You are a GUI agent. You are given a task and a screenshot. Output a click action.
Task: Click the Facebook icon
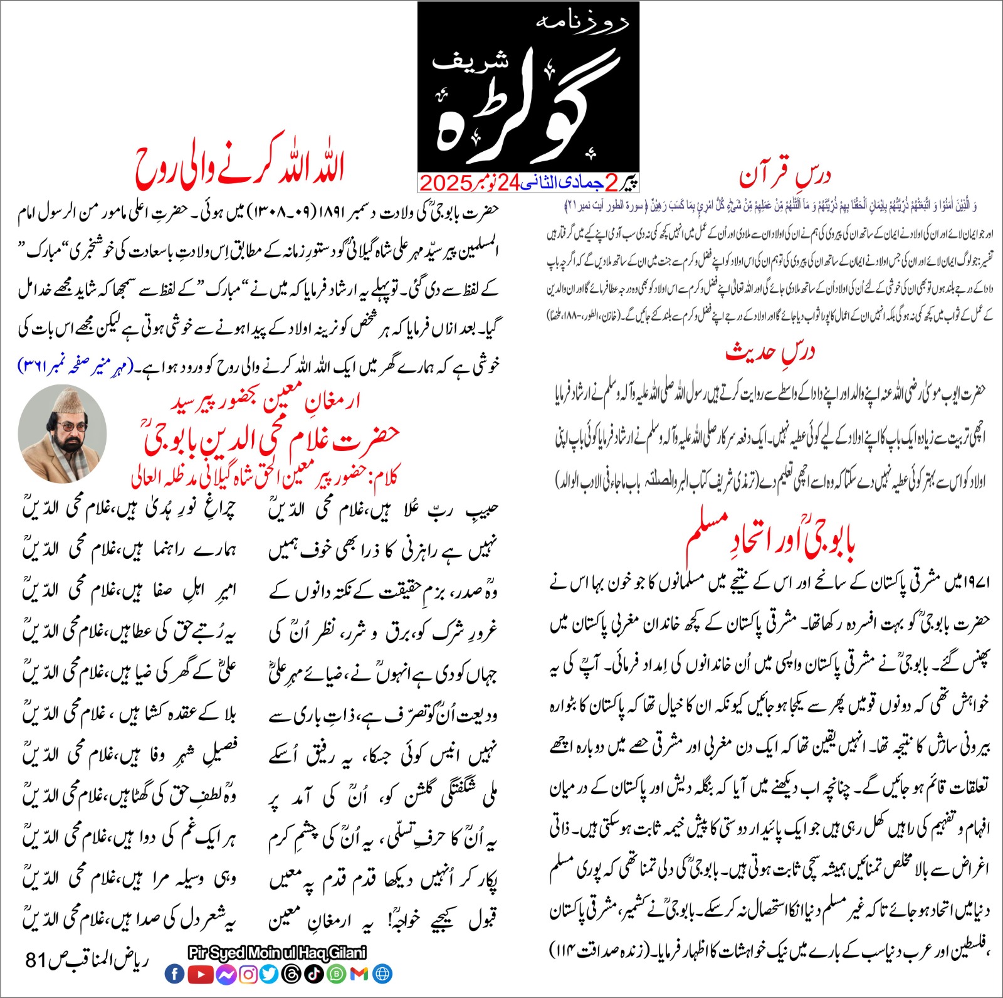pyautogui.click(x=175, y=974)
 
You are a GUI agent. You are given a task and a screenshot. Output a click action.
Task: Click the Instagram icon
pyautogui.click(x=248, y=974)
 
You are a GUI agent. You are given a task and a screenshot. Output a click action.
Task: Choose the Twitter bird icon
pyautogui.click(x=270, y=974)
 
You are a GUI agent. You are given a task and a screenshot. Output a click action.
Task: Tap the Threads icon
pyautogui.click(x=292, y=974)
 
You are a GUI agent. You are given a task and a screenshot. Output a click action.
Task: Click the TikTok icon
pyautogui.click(x=314, y=974)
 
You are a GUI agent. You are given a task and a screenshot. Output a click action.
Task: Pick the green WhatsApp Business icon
pyautogui.click(x=337, y=974)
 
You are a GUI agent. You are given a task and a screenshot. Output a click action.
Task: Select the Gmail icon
pyautogui.click(x=359, y=974)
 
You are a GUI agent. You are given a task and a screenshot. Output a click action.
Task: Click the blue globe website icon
pyautogui.click(x=382, y=974)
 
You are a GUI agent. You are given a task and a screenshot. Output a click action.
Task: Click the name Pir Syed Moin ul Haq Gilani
pyautogui.click(x=277, y=953)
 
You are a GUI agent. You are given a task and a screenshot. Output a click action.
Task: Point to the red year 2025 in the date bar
pyautogui.click(x=446, y=183)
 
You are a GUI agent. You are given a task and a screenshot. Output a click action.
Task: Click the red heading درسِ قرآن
pyautogui.click(x=785, y=175)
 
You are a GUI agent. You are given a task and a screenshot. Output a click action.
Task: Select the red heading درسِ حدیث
pyautogui.click(x=770, y=352)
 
